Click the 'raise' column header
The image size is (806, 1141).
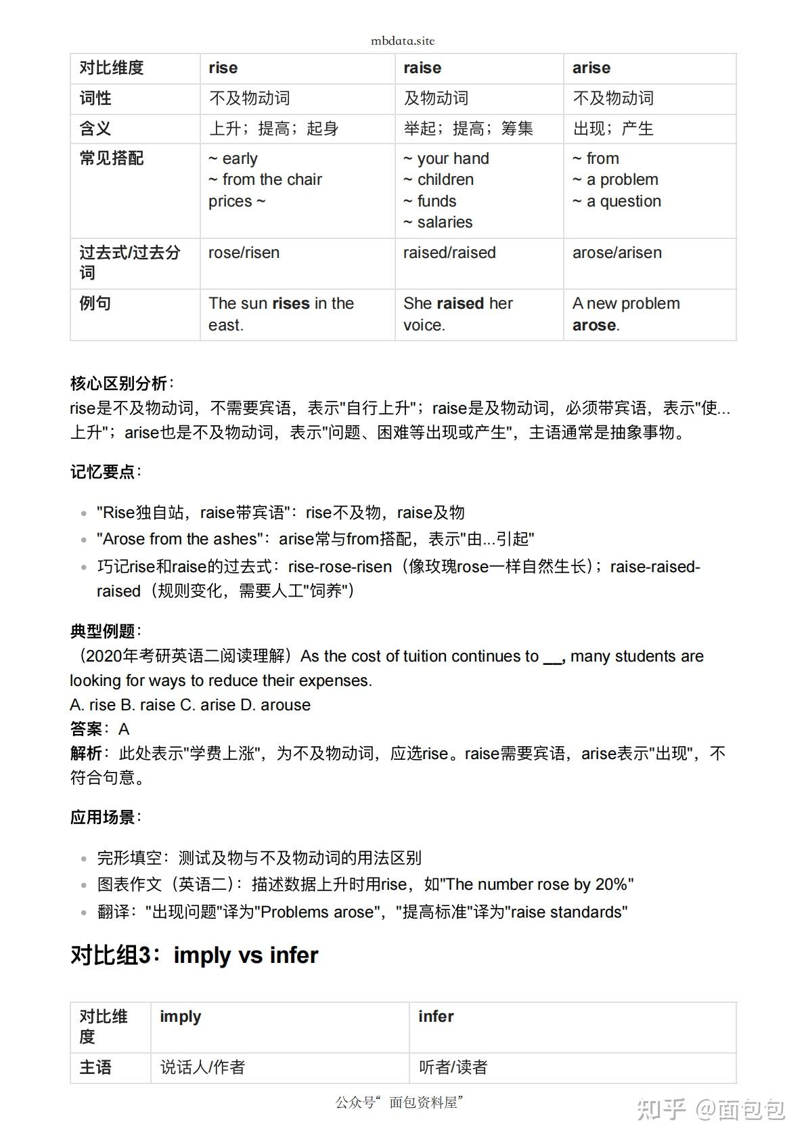pyautogui.click(x=422, y=68)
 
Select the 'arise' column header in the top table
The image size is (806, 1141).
pyautogui.click(x=591, y=68)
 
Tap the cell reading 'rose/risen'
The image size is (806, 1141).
pyautogui.click(x=244, y=253)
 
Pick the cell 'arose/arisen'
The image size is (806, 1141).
pyautogui.click(x=617, y=253)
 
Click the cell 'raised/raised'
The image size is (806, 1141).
pyautogui.click(x=449, y=253)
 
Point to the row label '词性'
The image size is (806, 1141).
pyautogui.click(x=95, y=98)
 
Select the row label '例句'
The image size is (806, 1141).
pyautogui.click(x=95, y=303)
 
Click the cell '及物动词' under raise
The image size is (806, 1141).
pyautogui.click(x=436, y=98)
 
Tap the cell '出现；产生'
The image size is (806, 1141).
pyautogui.click(x=613, y=129)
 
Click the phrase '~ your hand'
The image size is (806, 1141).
pyautogui.click(x=446, y=158)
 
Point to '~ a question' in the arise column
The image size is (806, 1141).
pyautogui.click(x=617, y=201)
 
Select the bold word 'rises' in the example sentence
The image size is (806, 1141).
pyautogui.click(x=291, y=303)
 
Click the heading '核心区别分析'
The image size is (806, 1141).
pyautogui.click(x=118, y=383)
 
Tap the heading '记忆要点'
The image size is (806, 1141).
pyautogui.click(x=102, y=471)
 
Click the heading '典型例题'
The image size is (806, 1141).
pyautogui.click(x=102, y=631)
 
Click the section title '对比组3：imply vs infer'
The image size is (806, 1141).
pyautogui.click(x=194, y=955)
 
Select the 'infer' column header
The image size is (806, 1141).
pyautogui.click(x=436, y=1016)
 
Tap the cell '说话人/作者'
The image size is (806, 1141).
pyautogui.click(x=202, y=1067)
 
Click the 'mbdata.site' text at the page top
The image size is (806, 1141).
pyautogui.click(x=403, y=41)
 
